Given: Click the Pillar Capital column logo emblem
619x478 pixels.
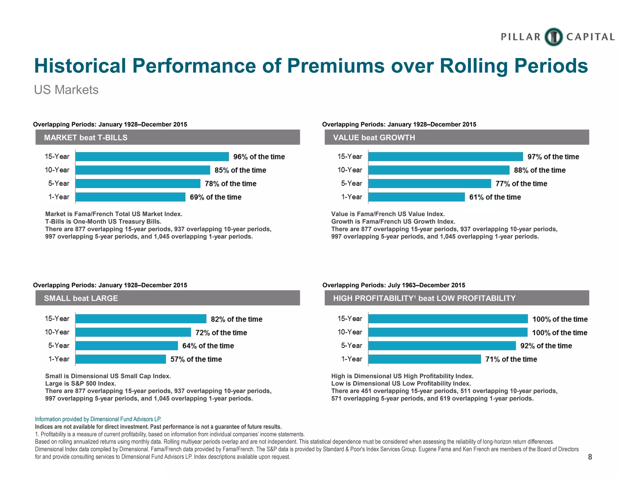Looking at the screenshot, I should point(553,37).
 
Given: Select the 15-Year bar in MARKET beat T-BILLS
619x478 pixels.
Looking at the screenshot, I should point(152,157).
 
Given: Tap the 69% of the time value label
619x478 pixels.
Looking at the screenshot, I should point(216,197).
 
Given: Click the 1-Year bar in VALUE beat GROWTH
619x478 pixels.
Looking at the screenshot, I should point(416,197).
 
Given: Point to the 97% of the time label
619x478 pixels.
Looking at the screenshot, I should point(553,157).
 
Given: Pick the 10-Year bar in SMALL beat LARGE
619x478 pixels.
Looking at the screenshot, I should point(133,332).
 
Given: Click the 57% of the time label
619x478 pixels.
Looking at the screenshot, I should point(196,359).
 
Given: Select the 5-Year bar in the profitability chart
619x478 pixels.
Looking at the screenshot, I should point(442,346).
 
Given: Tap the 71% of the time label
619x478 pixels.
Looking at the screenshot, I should point(511,359).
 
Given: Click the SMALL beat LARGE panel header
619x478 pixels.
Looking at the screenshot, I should point(168,298).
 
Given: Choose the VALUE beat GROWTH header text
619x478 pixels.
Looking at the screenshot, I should point(374,137).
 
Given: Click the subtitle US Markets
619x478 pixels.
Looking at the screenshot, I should point(66,90).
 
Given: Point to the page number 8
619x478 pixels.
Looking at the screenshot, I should point(590,457).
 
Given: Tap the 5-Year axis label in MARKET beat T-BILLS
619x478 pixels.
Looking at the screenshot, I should point(59,183).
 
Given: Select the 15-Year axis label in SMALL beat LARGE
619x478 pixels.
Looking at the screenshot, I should point(57,318).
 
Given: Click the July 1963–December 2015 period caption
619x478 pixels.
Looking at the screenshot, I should point(394,285).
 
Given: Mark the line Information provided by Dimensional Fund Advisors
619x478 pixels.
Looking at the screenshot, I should point(98,419).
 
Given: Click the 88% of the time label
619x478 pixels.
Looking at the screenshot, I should point(540,170).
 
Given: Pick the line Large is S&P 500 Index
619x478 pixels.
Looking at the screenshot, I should point(80,383).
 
